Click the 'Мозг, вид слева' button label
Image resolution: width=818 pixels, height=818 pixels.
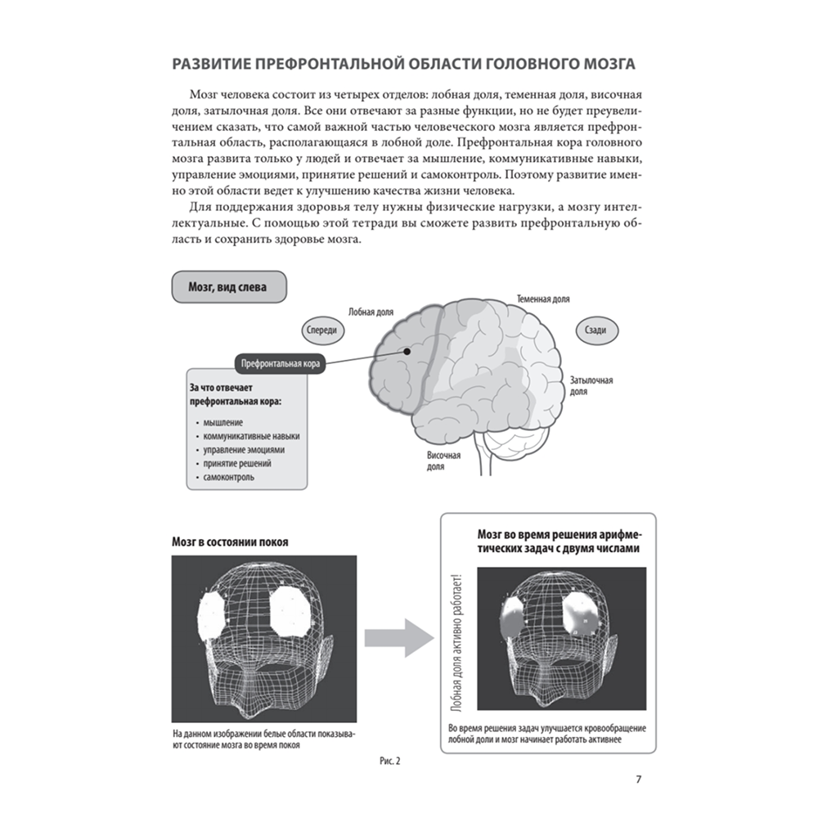tap(227, 287)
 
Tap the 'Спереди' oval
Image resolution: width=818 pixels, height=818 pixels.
tap(321, 330)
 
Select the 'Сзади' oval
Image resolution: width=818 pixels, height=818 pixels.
tap(596, 330)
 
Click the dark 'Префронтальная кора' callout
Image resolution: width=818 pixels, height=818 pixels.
tap(281, 363)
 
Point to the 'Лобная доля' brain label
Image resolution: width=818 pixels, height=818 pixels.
tap(371, 312)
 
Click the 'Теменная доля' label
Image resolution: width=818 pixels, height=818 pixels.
tap(543, 299)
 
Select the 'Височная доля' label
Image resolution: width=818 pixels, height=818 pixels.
tap(443, 461)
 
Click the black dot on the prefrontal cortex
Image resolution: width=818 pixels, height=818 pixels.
tap(407, 352)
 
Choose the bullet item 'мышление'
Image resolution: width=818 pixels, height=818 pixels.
tap(222, 423)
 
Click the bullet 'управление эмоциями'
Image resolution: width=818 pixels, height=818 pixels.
tap(244, 450)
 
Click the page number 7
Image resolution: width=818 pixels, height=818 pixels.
tap(639, 780)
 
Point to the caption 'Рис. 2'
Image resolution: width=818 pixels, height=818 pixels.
tap(389, 761)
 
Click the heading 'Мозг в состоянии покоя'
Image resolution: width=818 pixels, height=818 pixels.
tap(230, 542)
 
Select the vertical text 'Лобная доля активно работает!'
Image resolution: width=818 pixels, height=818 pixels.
tap(457, 642)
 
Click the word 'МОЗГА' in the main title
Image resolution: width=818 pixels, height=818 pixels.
tap(609, 64)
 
